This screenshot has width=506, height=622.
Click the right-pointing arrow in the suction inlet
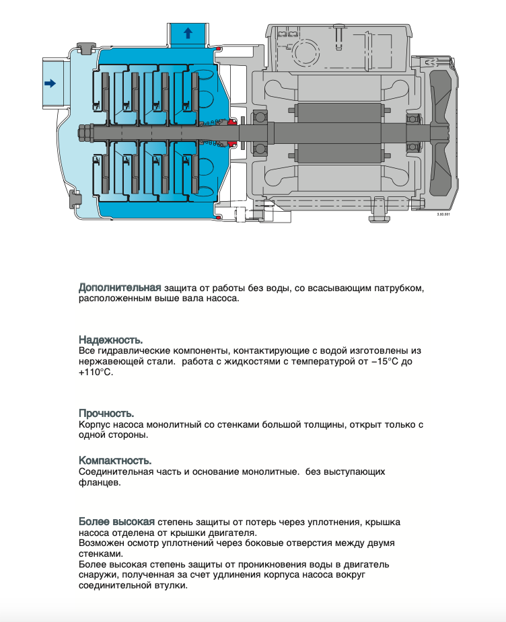pos(49,83)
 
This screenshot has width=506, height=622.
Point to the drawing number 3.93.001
pos(444,214)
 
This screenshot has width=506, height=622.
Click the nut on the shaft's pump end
pos(85,132)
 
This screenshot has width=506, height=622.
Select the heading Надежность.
pos(110,340)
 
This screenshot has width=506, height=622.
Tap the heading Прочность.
pos(106,413)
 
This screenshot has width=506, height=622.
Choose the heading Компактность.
pos(115,461)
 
